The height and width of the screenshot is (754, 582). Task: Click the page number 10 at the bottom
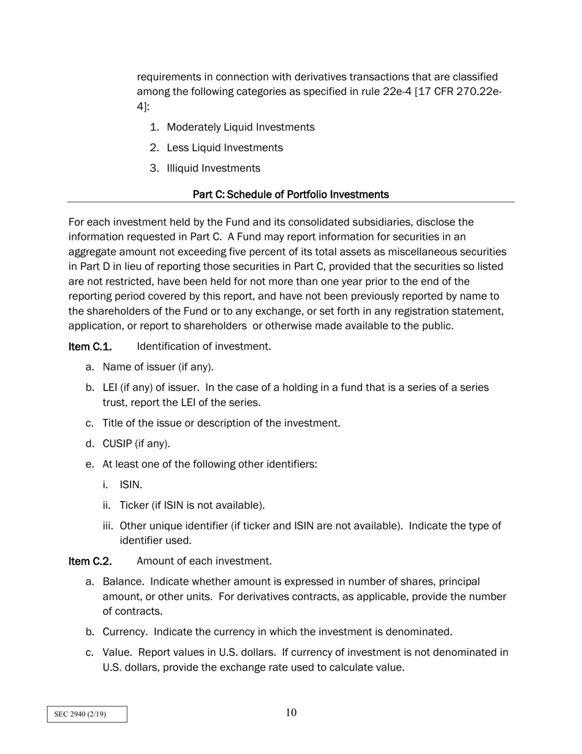click(291, 712)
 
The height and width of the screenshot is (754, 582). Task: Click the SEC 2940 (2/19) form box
click(87, 714)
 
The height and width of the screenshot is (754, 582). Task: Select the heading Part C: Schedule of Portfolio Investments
click(290, 194)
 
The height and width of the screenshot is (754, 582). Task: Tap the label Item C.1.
click(89, 346)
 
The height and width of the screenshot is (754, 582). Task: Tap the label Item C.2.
click(89, 561)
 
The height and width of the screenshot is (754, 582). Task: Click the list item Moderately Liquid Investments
click(240, 127)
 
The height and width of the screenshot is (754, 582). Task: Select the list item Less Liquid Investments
click(224, 148)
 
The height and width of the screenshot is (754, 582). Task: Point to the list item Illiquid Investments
click(213, 168)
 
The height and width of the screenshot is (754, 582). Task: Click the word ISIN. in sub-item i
click(130, 485)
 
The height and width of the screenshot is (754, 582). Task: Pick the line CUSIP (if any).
click(136, 443)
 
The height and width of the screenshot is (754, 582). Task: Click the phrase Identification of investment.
click(203, 346)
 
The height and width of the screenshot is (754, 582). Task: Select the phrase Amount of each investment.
click(204, 561)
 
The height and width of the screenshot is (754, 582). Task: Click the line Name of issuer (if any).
click(157, 367)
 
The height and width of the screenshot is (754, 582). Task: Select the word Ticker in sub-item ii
click(134, 505)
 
